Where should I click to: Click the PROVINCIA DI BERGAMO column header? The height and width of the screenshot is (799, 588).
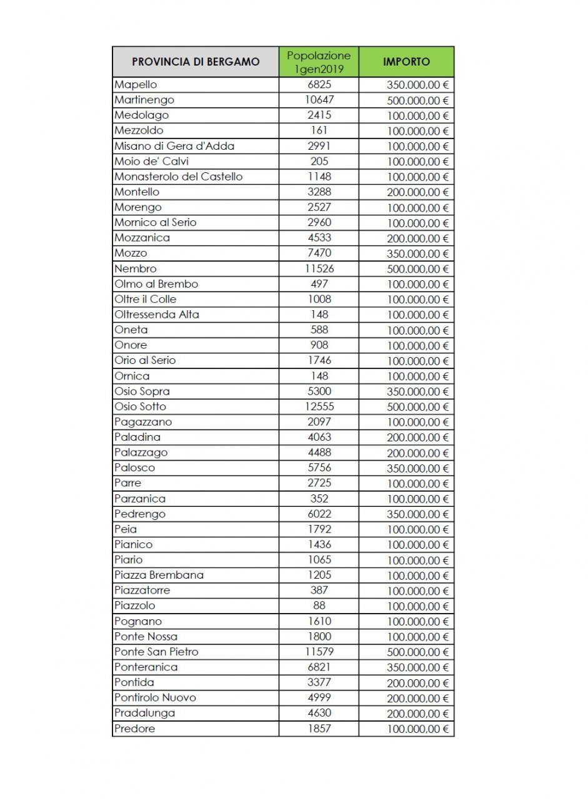pos(196,62)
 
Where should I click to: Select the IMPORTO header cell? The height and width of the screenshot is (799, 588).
pos(406,62)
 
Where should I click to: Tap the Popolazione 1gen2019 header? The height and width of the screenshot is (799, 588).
pos(319,62)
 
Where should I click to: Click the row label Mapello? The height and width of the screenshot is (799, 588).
pos(136,85)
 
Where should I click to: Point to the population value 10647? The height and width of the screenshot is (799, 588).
pos(319,100)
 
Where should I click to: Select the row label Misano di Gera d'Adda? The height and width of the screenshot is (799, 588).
pos(174,146)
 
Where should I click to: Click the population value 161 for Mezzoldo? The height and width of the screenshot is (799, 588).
pos(319,130)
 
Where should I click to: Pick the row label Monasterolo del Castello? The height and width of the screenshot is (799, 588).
pos(178,177)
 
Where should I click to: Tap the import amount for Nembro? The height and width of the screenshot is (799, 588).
pos(417,269)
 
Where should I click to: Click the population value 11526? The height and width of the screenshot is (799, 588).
pos(319,268)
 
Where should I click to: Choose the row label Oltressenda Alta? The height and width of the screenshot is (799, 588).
pos(157,315)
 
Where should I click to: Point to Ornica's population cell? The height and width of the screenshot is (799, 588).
pos(319,376)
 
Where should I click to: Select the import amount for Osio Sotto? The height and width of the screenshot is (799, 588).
pos(417,407)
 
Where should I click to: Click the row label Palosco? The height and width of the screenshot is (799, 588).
pos(134,468)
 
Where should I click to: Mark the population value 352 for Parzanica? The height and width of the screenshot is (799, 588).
pos(319,499)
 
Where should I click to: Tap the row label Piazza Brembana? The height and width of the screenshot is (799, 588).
pos(159,575)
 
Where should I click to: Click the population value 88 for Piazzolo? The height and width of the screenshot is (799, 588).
pos(319,605)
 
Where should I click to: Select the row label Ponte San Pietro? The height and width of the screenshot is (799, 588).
pos(156,652)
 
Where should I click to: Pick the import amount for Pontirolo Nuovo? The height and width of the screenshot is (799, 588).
pos(417,698)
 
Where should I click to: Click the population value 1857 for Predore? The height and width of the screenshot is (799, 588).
pos(319,728)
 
